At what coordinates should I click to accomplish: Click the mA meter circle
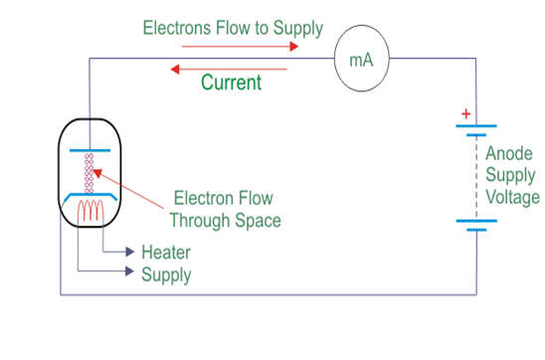(x=359, y=59)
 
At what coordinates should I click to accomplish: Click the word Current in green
(x=232, y=83)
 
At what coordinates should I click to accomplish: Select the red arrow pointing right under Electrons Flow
(x=254, y=45)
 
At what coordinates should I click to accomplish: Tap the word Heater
(x=165, y=253)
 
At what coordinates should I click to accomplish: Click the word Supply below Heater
(x=166, y=274)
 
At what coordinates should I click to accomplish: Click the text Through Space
(x=225, y=220)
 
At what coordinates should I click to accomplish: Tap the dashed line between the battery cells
(x=475, y=174)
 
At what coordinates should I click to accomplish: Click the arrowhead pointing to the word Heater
(x=128, y=253)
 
